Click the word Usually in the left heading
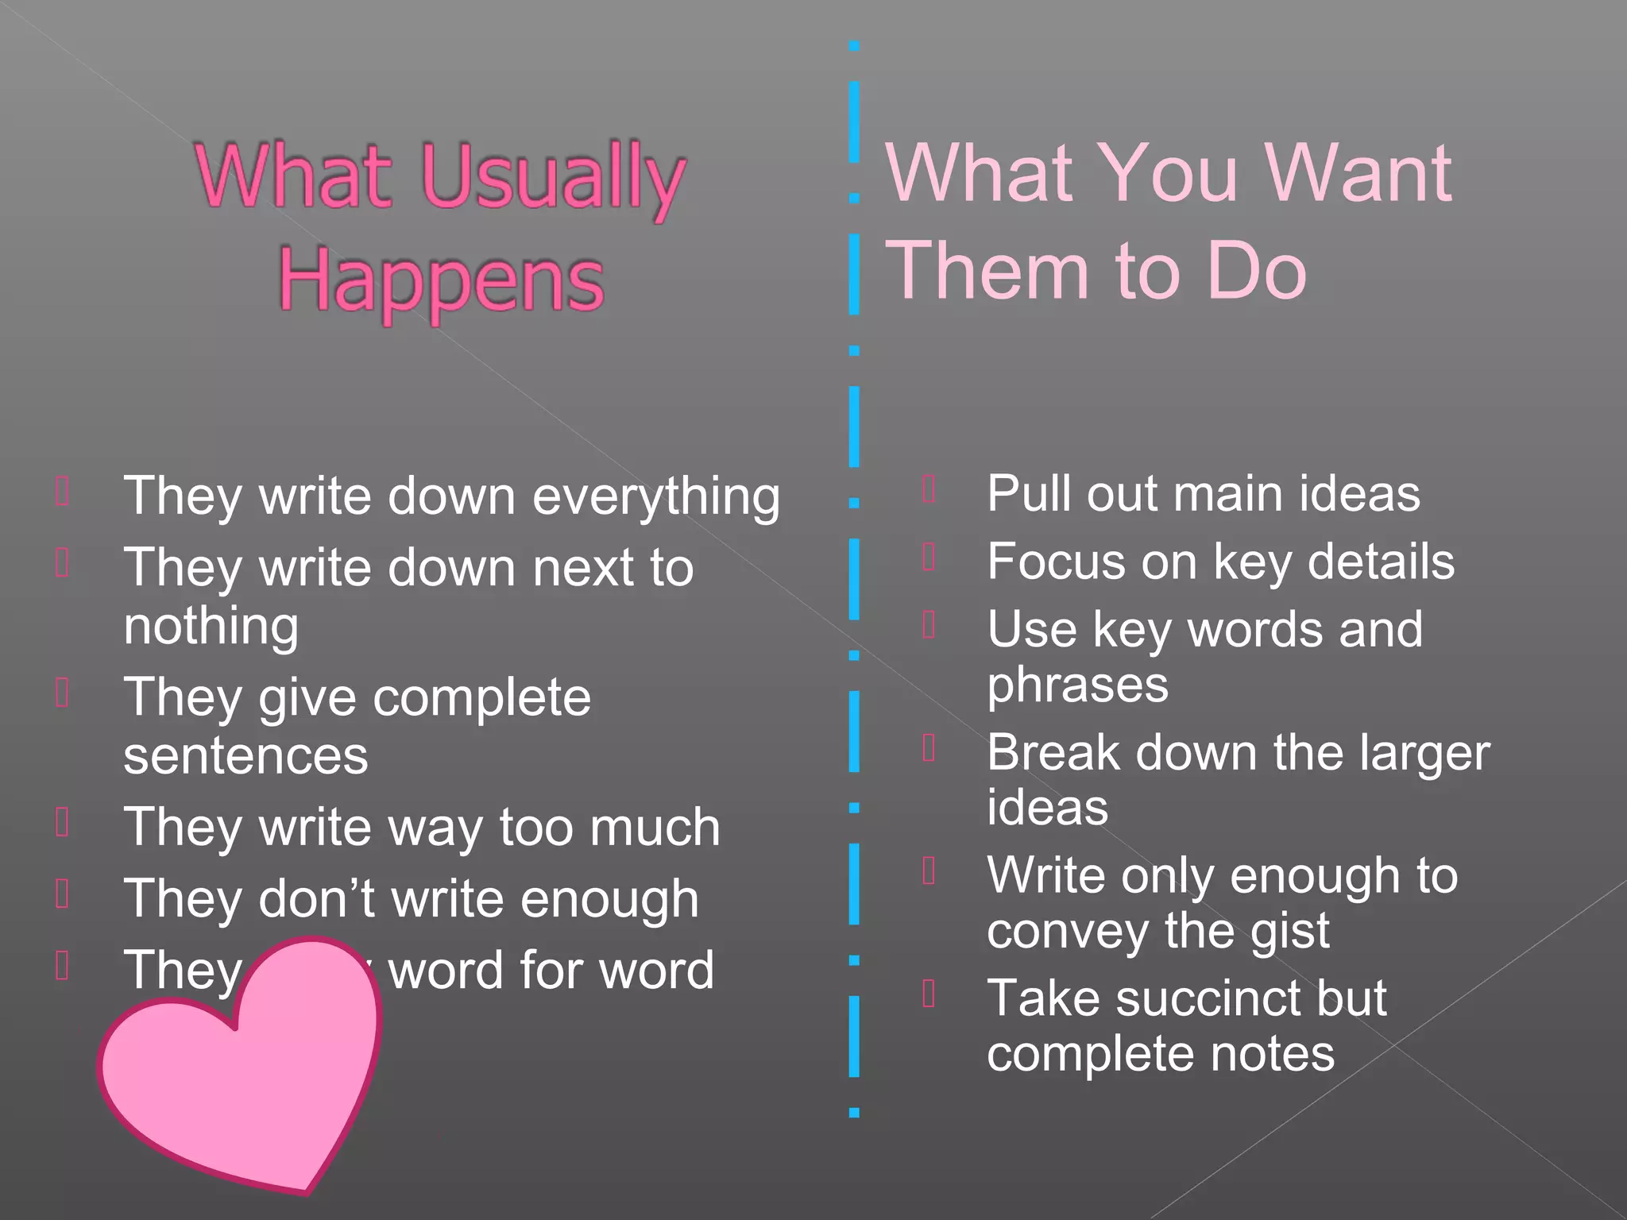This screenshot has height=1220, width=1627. coord(553,178)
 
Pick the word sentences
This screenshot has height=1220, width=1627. coord(245,755)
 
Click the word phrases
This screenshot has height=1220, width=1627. coord(1077,685)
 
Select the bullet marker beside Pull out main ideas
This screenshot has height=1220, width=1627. coord(929,489)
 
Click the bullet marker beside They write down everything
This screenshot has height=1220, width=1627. coord(63,491)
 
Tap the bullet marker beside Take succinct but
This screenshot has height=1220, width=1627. coord(929,994)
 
